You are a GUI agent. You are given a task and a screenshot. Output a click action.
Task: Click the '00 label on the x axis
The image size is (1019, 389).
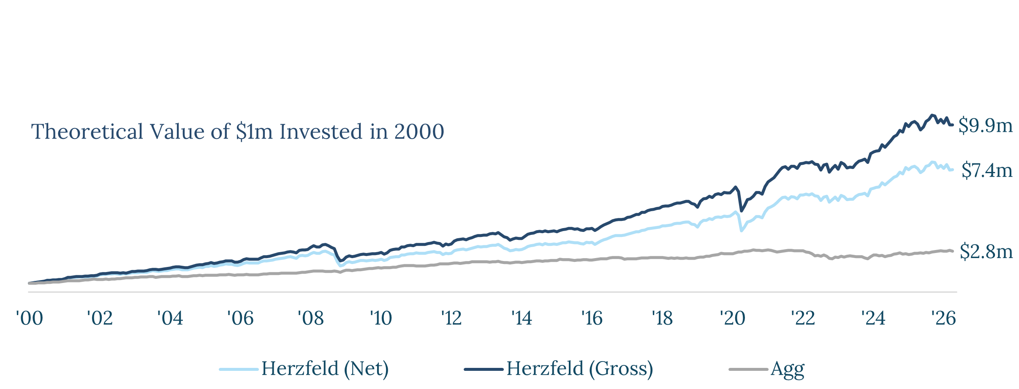30,318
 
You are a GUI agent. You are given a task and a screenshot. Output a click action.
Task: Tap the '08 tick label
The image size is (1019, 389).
310,318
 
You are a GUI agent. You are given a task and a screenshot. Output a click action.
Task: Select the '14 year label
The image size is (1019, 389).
522,318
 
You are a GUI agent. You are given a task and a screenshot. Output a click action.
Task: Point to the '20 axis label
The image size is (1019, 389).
732,318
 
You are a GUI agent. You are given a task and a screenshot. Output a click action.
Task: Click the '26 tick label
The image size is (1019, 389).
943,318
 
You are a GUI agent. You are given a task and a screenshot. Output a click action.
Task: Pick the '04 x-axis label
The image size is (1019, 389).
170,318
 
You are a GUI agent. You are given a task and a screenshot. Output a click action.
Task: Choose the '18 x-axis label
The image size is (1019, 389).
662,318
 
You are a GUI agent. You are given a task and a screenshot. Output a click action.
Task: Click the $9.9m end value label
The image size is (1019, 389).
986,125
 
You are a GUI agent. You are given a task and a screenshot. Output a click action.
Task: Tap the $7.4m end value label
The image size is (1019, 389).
987,171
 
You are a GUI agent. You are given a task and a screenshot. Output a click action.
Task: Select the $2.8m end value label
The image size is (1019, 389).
986,252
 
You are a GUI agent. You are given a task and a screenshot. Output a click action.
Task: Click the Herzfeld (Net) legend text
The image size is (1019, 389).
325,369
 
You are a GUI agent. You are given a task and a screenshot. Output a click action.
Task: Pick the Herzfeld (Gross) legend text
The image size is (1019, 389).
580,369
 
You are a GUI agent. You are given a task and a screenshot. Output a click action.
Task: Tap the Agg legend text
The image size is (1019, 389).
788,370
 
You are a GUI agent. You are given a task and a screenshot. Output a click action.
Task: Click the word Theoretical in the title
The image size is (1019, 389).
87,131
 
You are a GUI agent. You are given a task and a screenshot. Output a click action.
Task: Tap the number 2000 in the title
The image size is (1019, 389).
419,131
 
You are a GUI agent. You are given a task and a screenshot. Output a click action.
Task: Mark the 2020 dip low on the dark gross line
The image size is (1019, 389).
742,211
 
